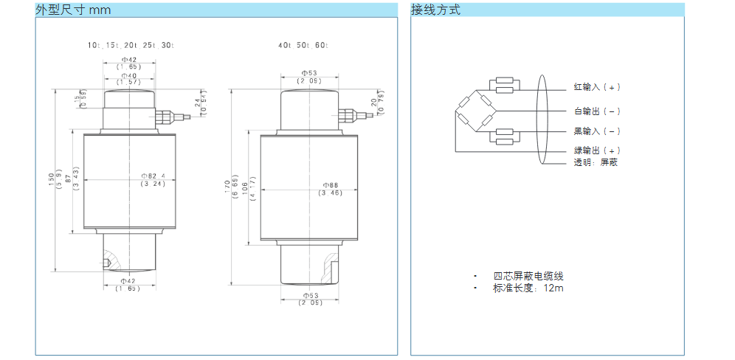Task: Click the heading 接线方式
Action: (435, 10)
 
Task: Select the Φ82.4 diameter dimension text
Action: (153, 176)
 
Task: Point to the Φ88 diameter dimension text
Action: (330, 184)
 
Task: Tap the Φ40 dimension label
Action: (129, 75)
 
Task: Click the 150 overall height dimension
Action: (52, 179)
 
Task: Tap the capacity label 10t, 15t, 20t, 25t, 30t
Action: (131, 45)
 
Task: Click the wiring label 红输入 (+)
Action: (597, 87)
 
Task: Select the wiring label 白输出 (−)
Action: (597, 111)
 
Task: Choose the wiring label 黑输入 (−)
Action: (597, 131)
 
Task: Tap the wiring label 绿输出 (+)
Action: (597, 150)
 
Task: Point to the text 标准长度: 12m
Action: (528, 288)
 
